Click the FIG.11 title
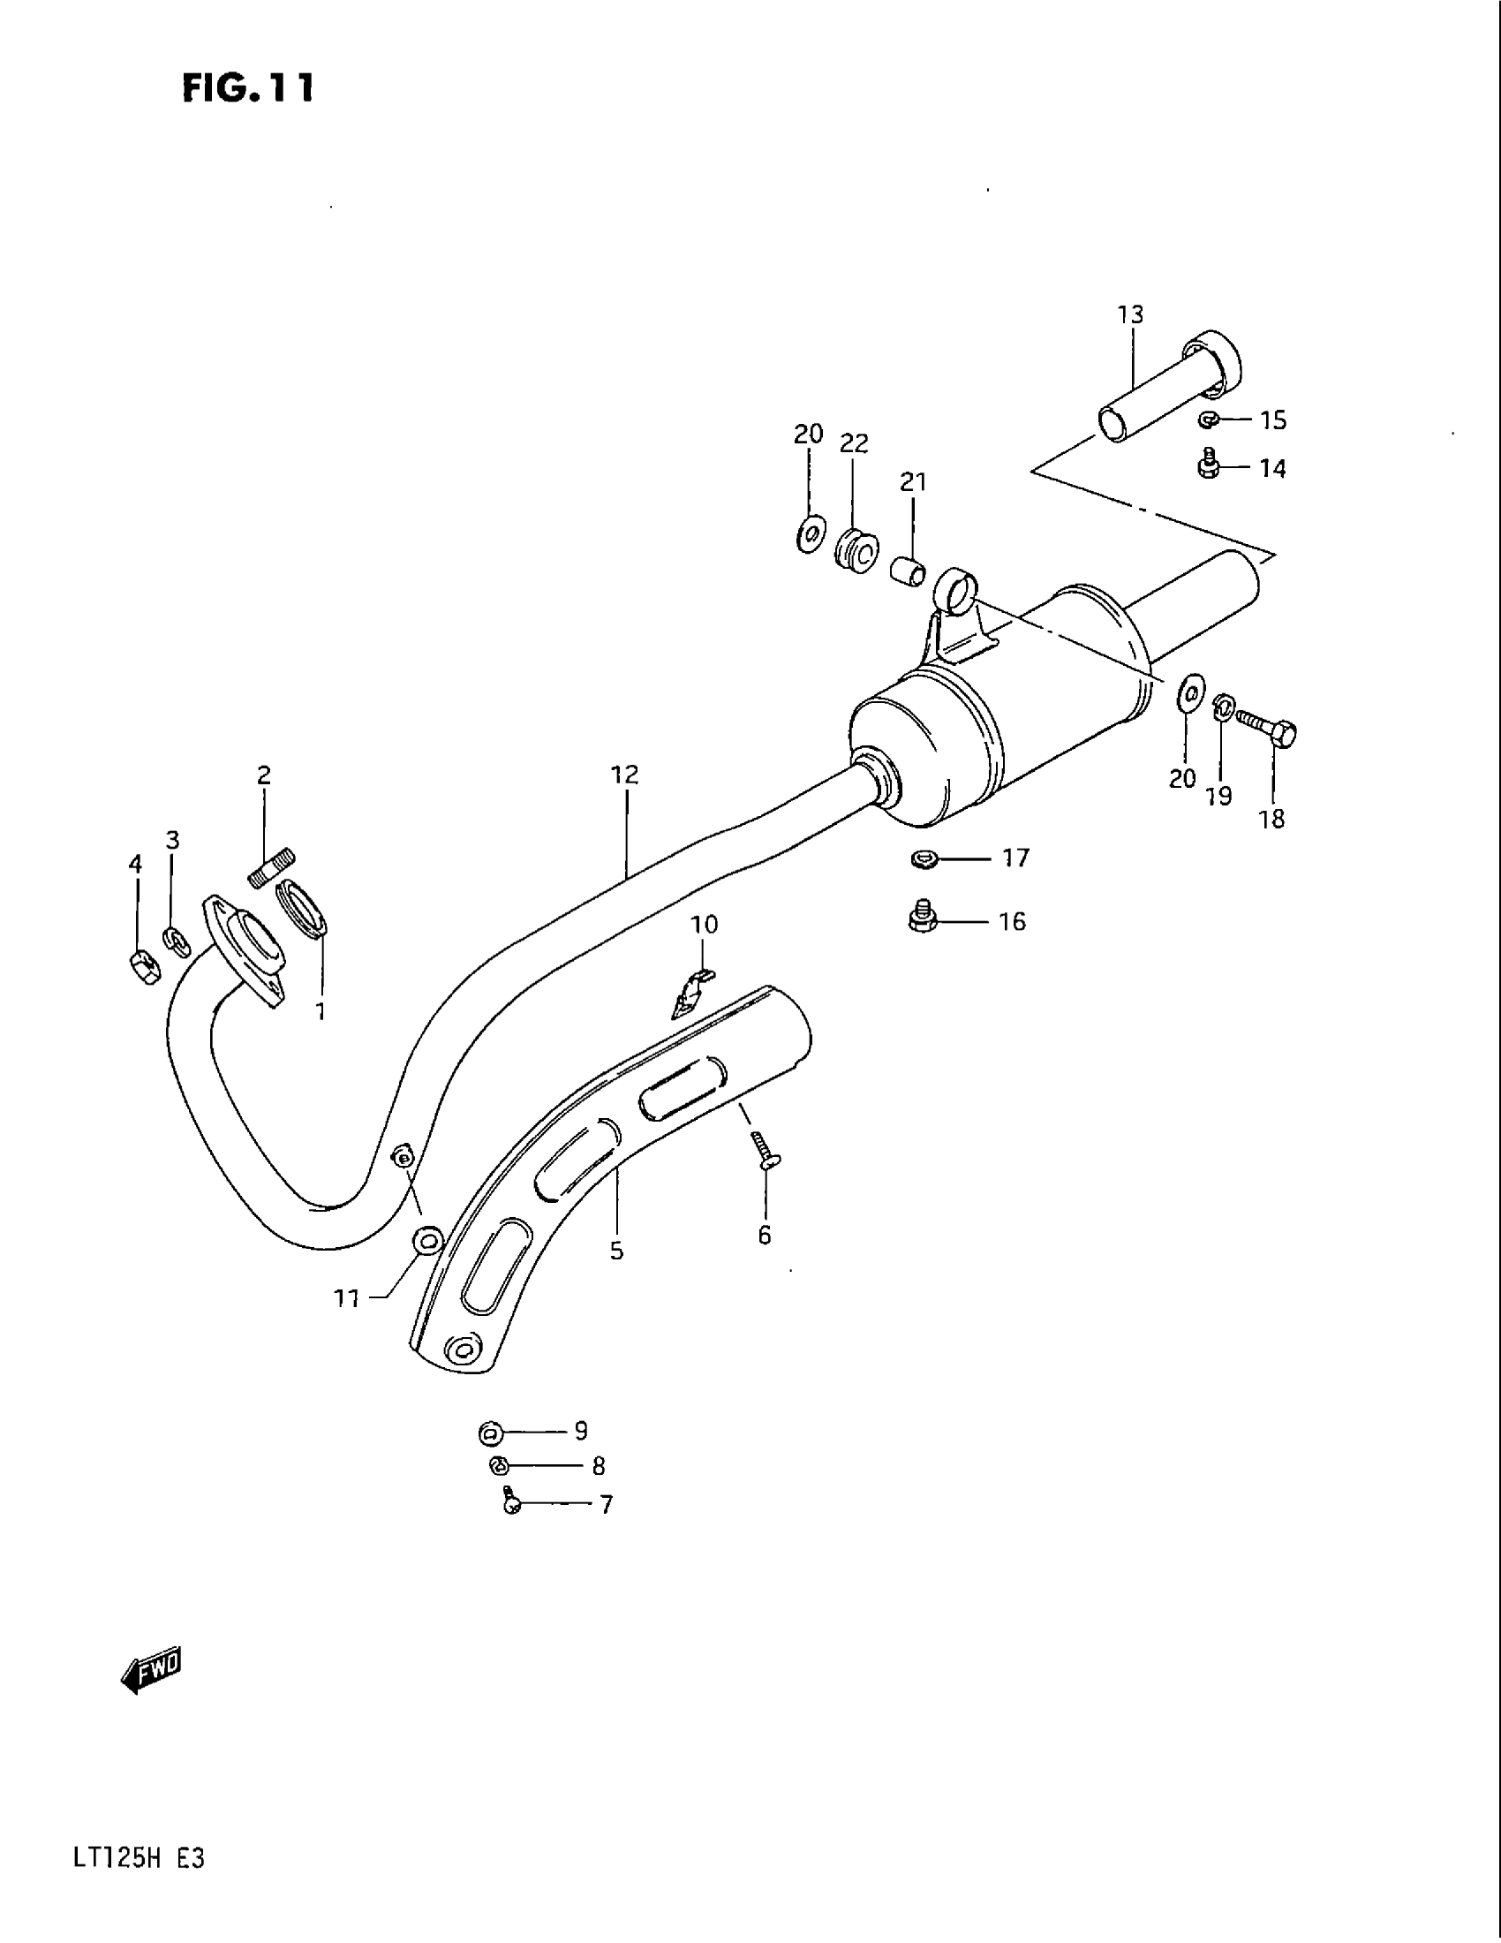[248, 88]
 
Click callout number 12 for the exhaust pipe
[625, 775]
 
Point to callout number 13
[1131, 314]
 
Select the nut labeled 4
[142, 966]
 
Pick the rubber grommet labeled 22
[856, 554]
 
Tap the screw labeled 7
[511, 1502]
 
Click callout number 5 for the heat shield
[616, 1251]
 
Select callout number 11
[347, 1300]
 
